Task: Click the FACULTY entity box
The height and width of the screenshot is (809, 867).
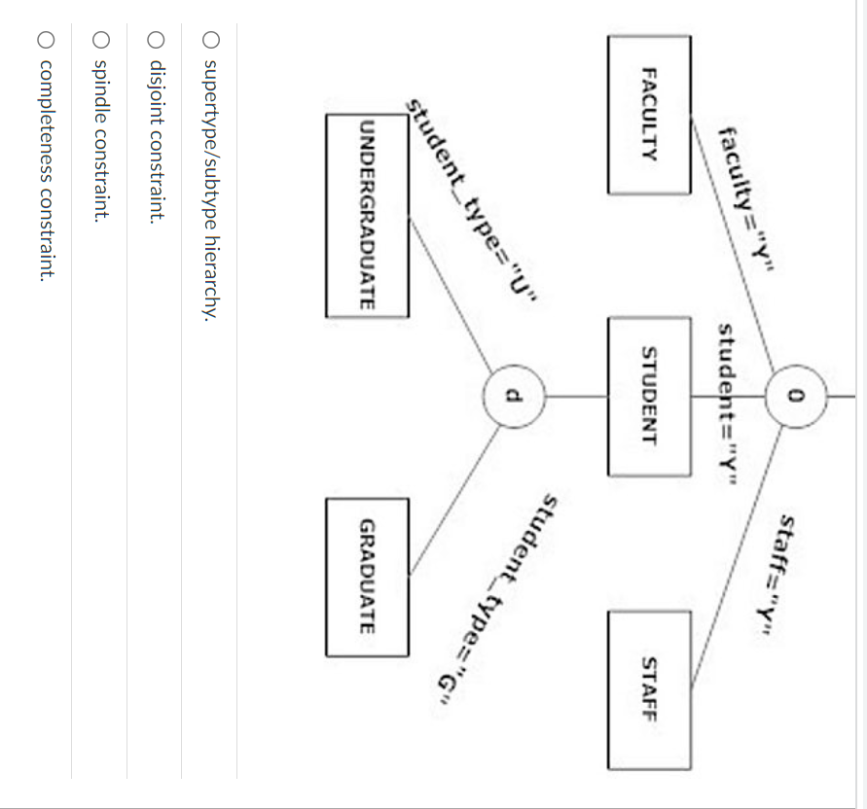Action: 649,115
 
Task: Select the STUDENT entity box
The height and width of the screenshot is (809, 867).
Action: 649,396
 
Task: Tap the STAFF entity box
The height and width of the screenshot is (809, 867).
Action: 649,687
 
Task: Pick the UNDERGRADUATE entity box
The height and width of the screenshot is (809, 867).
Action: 367,216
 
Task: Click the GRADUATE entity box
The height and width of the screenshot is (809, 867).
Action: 367,577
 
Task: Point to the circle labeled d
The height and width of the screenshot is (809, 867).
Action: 515,397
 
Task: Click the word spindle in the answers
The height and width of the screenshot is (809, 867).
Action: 98,84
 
